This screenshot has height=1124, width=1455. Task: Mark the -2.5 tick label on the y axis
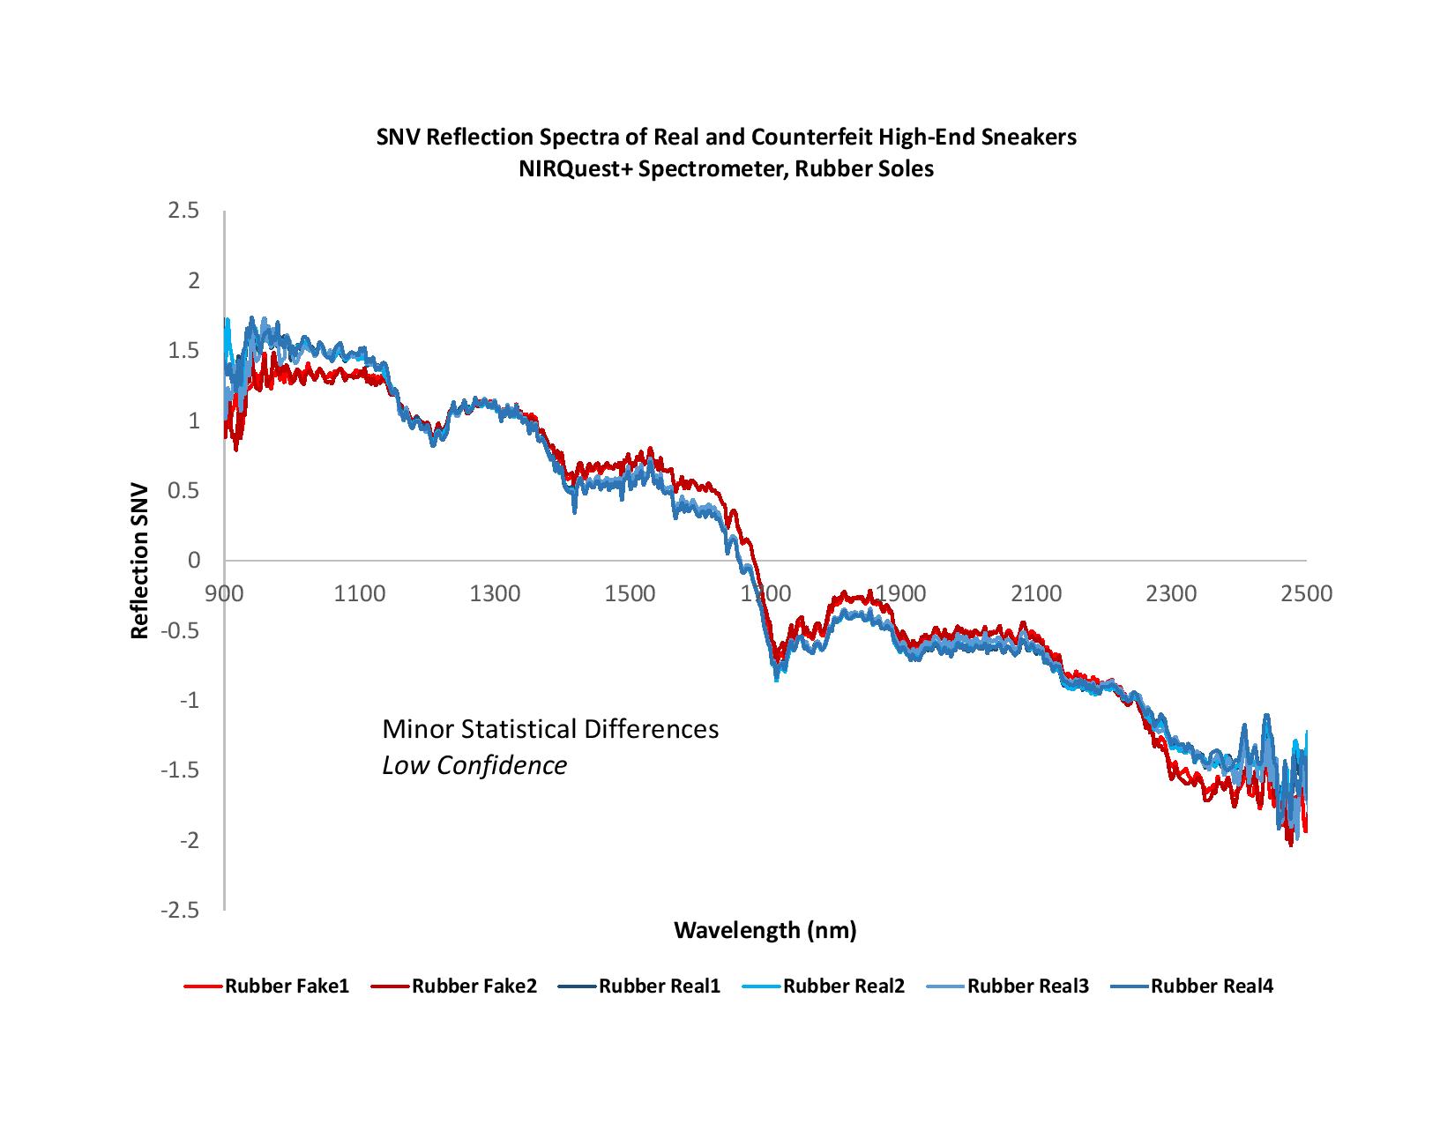click(178, 911)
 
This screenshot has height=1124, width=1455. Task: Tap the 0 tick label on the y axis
click(194, 561)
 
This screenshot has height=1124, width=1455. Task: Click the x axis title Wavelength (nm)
click(765, 930)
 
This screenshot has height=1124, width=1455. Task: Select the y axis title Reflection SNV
click(139, 561)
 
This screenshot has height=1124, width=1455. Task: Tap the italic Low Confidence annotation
click(474, 765)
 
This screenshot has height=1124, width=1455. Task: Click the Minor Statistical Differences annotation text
click(550, 730)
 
